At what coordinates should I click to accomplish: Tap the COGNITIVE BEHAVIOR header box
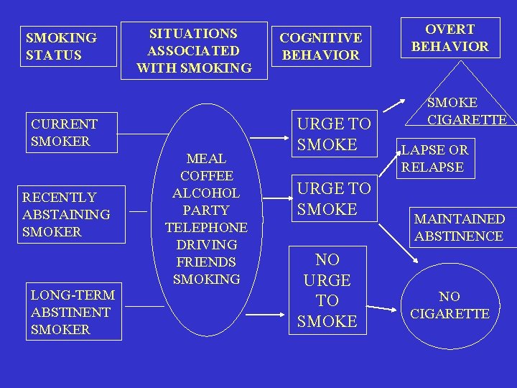pos(320,46)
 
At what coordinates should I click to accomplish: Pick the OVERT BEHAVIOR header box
pos(450,38)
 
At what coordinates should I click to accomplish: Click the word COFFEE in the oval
pos(206,176)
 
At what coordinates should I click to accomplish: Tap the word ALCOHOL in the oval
pos(206,193)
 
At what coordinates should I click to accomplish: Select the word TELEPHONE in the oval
pos(206,228)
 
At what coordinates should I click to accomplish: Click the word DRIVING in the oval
pos(206,245)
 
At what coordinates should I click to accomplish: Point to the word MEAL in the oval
pos(206,158)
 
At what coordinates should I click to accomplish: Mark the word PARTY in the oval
pos(206,211)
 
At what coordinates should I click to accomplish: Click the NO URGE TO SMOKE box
pos(327,290)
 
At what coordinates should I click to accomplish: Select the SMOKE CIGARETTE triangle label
pos(467,111)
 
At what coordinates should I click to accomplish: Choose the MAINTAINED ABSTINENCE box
pos(460,227)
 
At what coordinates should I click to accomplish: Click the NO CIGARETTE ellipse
pos(450,305)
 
